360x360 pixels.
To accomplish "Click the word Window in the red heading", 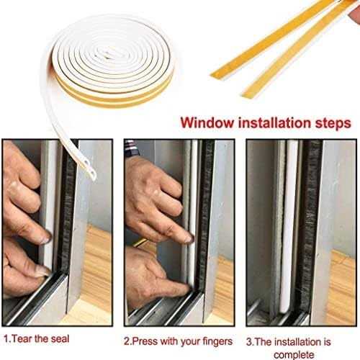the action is click(x=207, y=122).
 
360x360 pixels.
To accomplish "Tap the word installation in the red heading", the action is click(x=274, y=122).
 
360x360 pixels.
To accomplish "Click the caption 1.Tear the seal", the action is click(x=37, y=339).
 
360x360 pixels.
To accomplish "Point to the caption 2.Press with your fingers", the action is click(x=178, y=341).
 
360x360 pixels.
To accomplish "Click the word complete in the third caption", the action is click(x=294, y=354).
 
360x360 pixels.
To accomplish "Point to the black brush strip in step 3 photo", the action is click(x=310, y=225).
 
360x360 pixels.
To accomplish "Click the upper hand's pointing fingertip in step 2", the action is click(x=189, y=238).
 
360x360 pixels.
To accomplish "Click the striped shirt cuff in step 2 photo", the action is click(x=131, y=149).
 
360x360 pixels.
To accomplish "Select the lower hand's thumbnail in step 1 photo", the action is click(x=43, y=271).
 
